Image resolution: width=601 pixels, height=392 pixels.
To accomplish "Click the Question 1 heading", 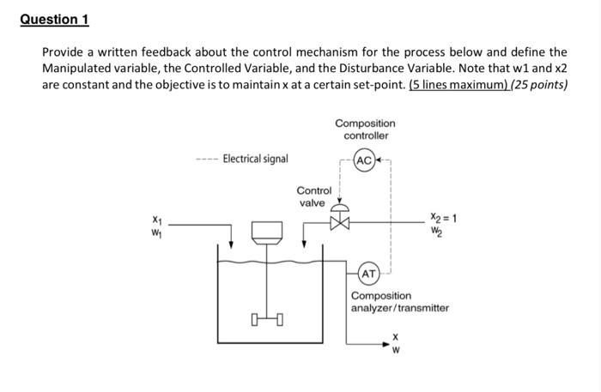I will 54,19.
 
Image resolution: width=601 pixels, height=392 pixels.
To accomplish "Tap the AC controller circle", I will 364,160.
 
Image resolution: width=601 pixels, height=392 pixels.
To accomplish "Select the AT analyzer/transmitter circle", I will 368,274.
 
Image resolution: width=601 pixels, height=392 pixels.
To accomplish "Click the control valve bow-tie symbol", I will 342,225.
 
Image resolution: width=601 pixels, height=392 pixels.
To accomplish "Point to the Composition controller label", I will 366,130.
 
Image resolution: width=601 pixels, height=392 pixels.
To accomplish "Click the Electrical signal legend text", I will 255,159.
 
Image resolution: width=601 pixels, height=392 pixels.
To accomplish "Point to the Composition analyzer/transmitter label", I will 399,301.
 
